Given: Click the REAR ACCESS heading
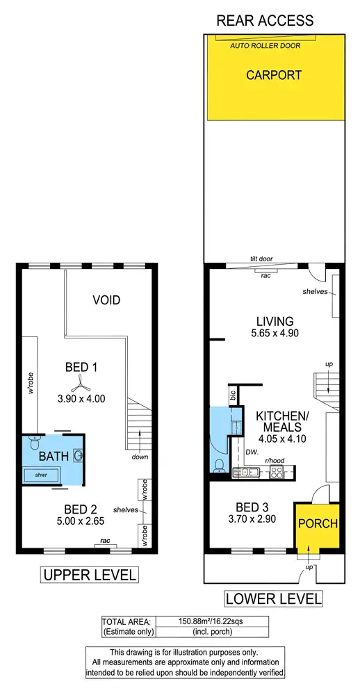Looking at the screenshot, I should pos(265,20).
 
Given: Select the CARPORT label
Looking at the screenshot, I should pos(274,75).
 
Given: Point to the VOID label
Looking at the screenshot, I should pos(106,300).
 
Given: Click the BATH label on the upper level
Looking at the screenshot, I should pos(53,456).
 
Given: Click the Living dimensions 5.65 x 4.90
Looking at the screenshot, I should pos(274,334).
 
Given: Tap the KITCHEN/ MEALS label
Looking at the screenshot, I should pos(281,421).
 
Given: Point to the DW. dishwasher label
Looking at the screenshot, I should pos(252,452).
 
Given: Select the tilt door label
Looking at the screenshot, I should pos(261,259).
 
